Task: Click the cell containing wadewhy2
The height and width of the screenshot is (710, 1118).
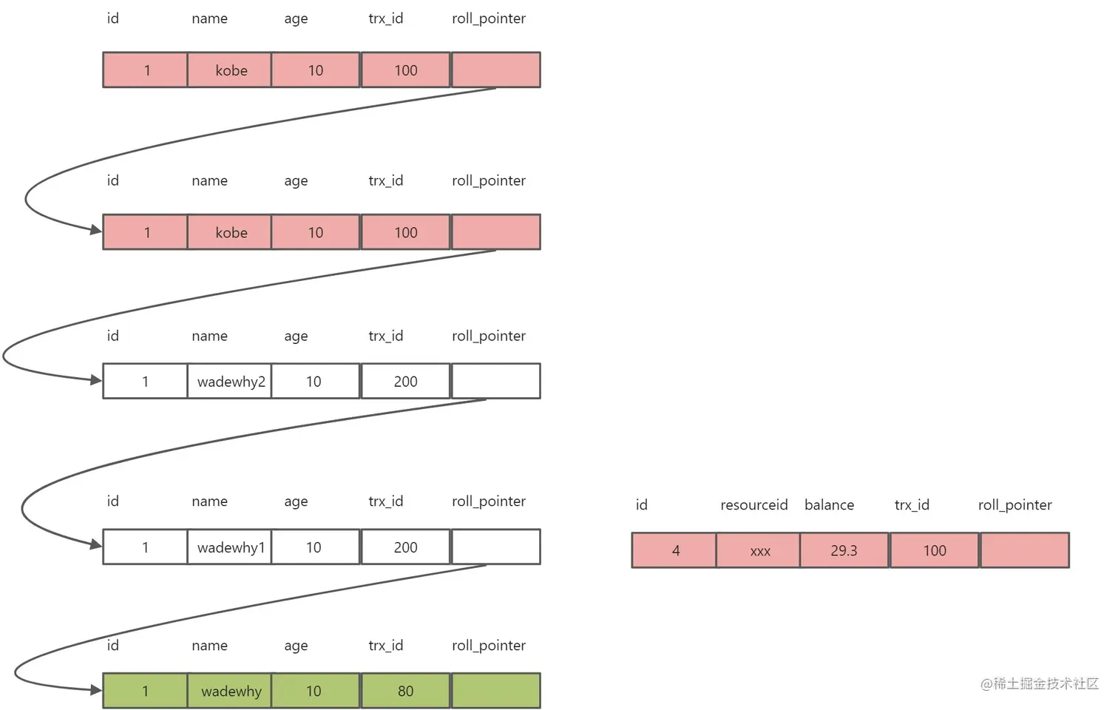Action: tap(230, 382)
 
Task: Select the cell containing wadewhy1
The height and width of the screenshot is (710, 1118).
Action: tap(230, 547)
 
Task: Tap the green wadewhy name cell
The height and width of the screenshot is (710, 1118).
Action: tap(230, 691)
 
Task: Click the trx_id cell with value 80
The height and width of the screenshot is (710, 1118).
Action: tap(405, 691)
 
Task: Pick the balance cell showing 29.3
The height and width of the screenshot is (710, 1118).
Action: tap(844, 550)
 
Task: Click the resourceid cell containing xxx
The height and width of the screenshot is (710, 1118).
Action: tap(759, 550)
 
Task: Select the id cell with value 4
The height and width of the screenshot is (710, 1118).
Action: tap(674, 550)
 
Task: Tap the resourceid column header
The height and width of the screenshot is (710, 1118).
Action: tap(753, 505)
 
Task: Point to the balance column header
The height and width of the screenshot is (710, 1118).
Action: tap(829, 505)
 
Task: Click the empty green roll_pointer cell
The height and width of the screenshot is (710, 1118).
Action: tap(495, 691)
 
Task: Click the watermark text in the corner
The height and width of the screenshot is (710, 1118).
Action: tap(1039, 683)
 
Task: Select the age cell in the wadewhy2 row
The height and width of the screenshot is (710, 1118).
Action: tap(314, 382)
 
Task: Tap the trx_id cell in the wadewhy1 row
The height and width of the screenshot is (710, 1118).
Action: tap(405, 547)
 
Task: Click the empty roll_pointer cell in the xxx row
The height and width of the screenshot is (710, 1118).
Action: tap(1025, 550)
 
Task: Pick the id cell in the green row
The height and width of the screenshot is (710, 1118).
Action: tap(145, 691)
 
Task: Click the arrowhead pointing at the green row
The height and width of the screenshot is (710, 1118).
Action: tap(96, 690)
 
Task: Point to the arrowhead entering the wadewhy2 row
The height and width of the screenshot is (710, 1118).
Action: tap(96, 380)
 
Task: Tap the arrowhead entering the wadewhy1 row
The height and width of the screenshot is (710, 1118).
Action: tap(96, 545)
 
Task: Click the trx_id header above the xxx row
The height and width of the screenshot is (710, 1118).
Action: tap(912, 505)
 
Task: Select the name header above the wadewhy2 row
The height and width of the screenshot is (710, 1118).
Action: tap(209, 336)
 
